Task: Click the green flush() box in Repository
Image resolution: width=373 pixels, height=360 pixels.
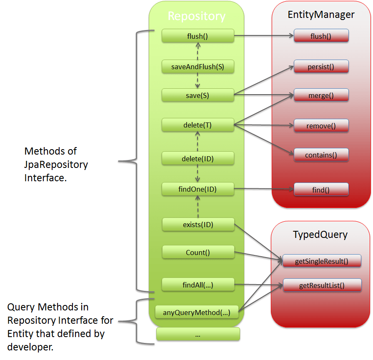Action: coord(198,36)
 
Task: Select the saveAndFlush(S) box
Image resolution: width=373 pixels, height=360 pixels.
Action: coord(198,66)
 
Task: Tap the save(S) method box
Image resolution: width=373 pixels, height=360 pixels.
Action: coord(198,95)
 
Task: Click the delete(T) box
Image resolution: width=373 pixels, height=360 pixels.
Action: coord(198,125)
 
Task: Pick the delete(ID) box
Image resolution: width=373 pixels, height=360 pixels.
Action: coord(198,158)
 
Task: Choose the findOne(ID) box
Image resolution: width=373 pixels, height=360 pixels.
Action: coord(198,189)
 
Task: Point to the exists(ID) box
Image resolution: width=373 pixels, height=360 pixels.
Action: coord(198,225)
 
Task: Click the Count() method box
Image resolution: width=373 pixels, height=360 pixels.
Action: coord(198,252)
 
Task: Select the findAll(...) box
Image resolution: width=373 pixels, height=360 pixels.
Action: coord(198,285)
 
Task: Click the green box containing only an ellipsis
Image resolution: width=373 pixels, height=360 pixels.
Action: coord(198,334)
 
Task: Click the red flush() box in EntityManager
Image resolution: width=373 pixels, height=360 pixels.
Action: coord(321,36)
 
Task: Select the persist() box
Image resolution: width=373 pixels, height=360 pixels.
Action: coord(321,66)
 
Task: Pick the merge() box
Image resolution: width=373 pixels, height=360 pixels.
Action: coord(321,95)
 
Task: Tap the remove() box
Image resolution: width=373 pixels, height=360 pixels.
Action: coord(321,125)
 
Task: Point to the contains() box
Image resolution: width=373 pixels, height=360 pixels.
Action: coord(321,155)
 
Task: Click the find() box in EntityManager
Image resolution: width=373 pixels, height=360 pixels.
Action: coord(321,190)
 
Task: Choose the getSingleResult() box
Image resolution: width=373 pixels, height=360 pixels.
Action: coord(322,261)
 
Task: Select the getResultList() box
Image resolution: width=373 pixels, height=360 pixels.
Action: coord(322,285)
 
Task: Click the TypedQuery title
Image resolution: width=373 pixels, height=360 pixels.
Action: coord(320,235)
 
